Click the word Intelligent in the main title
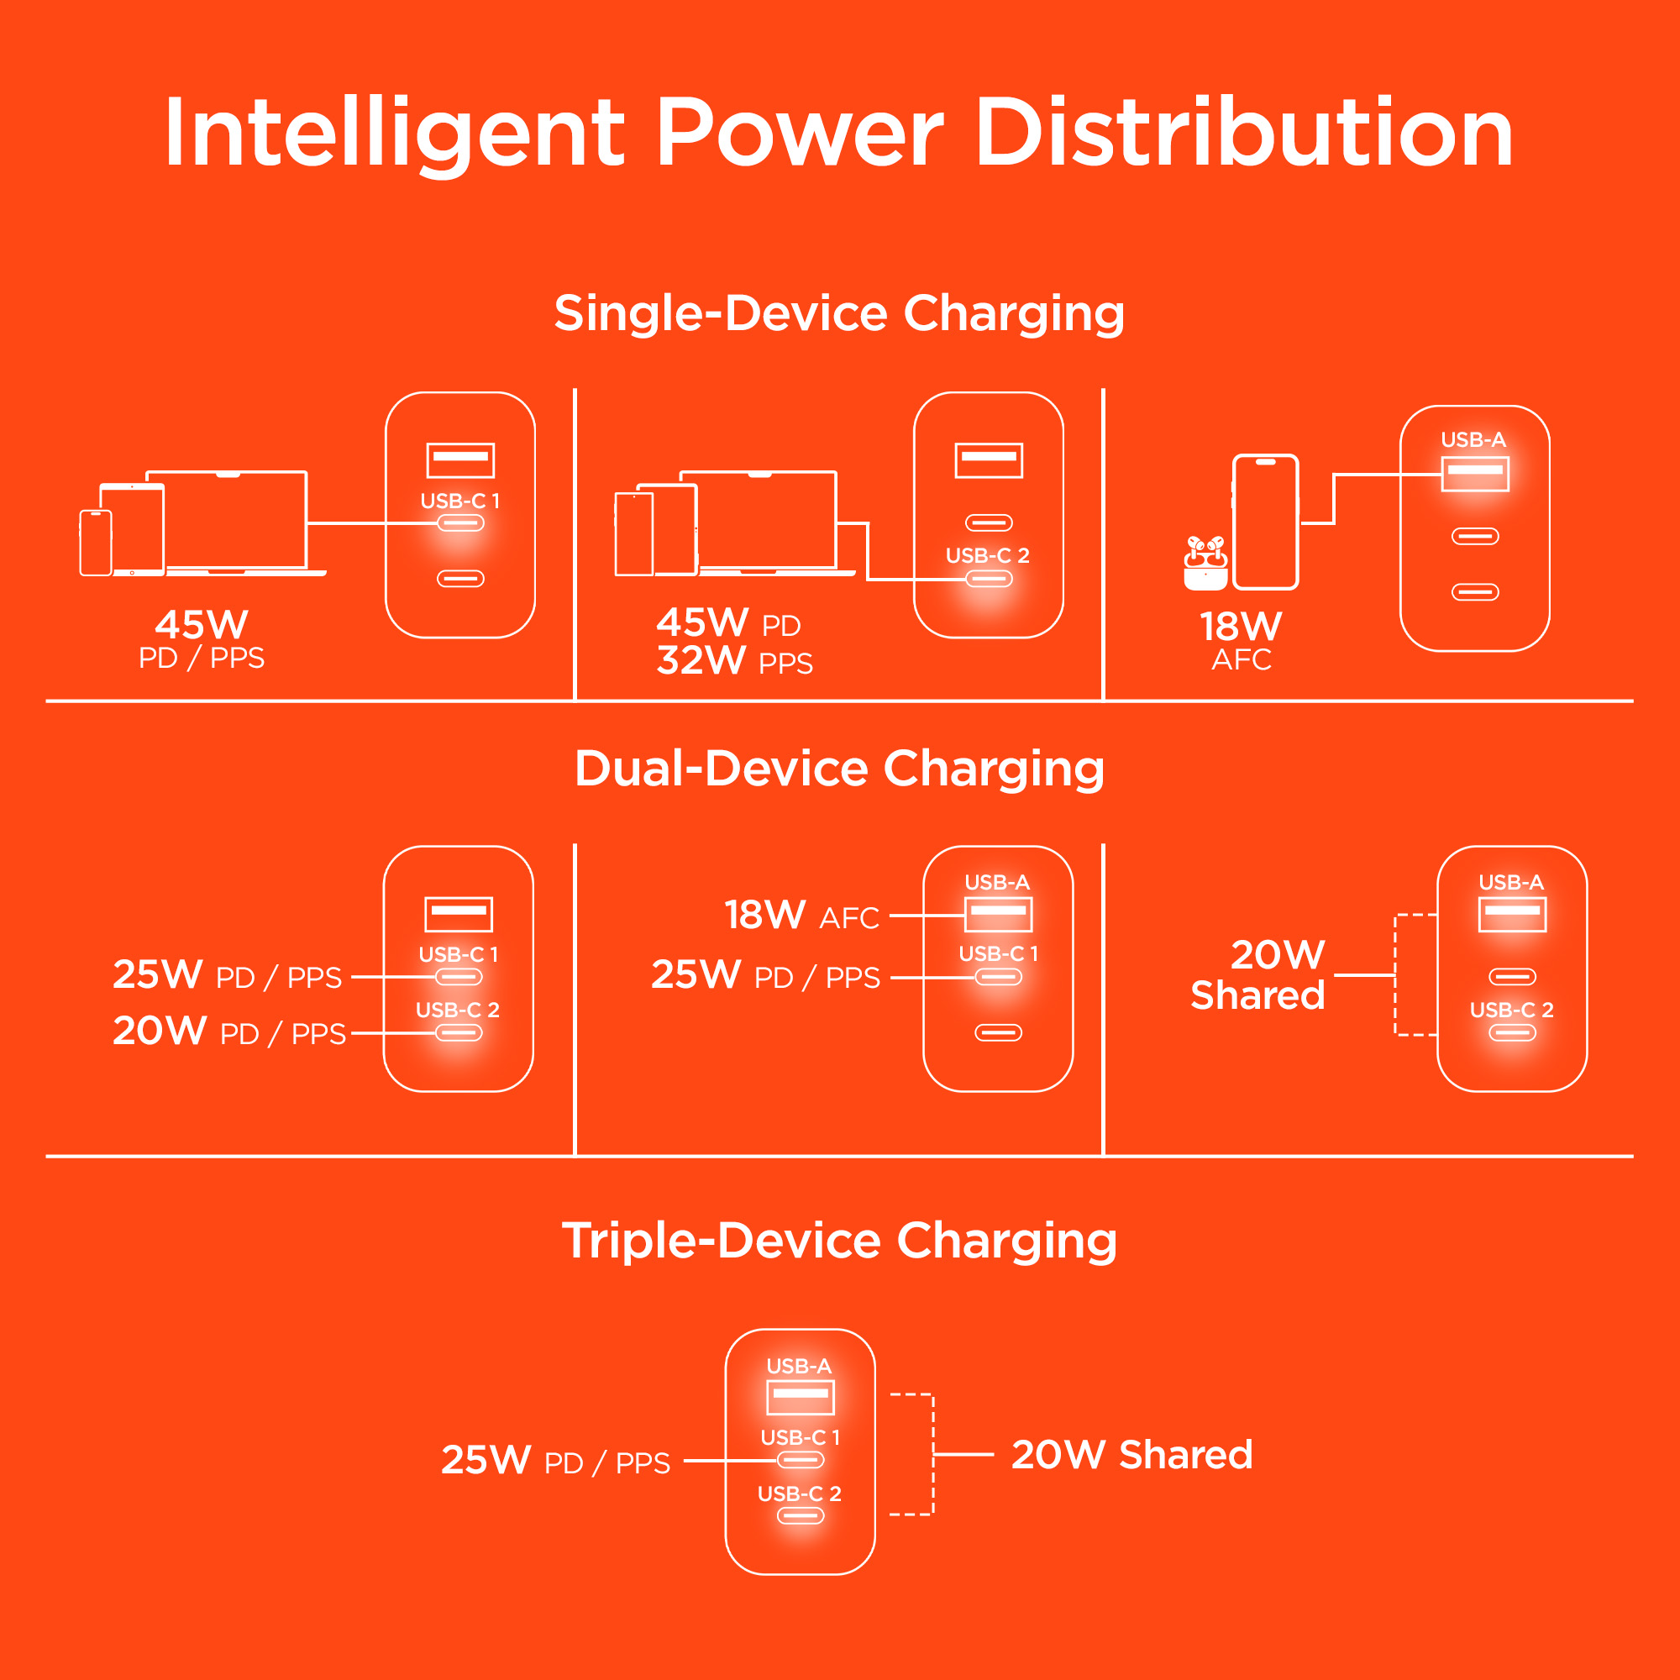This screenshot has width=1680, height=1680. click(394, 134)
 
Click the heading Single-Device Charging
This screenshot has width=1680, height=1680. click(839, 313)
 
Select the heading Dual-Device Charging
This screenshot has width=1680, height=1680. click(839, 769)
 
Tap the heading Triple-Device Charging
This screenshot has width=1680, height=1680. click(839, 1240)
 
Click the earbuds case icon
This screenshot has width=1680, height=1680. click(1205, 565)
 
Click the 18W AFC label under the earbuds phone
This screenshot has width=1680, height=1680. click(1241, 641)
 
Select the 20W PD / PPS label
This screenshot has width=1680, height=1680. click(229, 1032)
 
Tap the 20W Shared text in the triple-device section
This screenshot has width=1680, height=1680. click(1131, 1455)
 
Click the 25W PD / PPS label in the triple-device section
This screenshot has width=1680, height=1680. click(555, 1461)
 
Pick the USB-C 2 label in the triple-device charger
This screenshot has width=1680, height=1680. click(799, 1494)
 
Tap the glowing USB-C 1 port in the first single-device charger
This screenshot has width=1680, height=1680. click(460, 523)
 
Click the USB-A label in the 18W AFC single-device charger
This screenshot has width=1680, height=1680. click(1473, 440)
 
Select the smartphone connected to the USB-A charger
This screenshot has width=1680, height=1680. click(1265, 522)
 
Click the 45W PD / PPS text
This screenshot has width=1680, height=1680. click(202, 640)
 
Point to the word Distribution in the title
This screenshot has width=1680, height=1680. click(1243, 134)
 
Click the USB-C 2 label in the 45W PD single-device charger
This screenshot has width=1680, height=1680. click(987, 555)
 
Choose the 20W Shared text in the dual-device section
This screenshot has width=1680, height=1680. click(1258, 975)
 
